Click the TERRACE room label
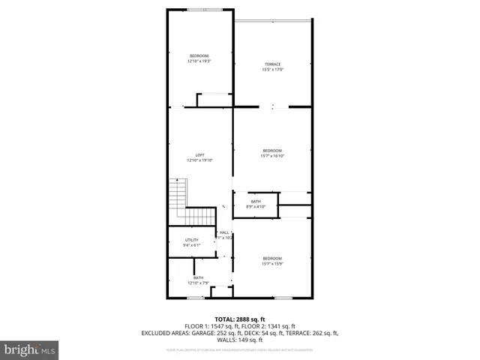(x=273, y=64)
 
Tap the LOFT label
(x=200, y=154)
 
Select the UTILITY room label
(x=191, y=239)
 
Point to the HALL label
(x=224, y=232)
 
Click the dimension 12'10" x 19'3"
(x=199, y=61)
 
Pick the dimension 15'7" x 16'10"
(x=272, y=155)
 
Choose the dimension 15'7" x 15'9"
(x=272, y=263)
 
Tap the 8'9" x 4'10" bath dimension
(x=256, y=206)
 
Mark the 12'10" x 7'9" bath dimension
(x=198, y=283)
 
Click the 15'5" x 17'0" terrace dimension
(x=273, y=69)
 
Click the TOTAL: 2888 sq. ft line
(x=240, y=319)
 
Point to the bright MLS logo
(x=29, y=349)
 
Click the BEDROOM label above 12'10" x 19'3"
(x=199, y=56)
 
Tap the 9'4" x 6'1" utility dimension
(x=191, y=245)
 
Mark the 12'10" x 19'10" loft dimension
(x=200, y=160)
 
